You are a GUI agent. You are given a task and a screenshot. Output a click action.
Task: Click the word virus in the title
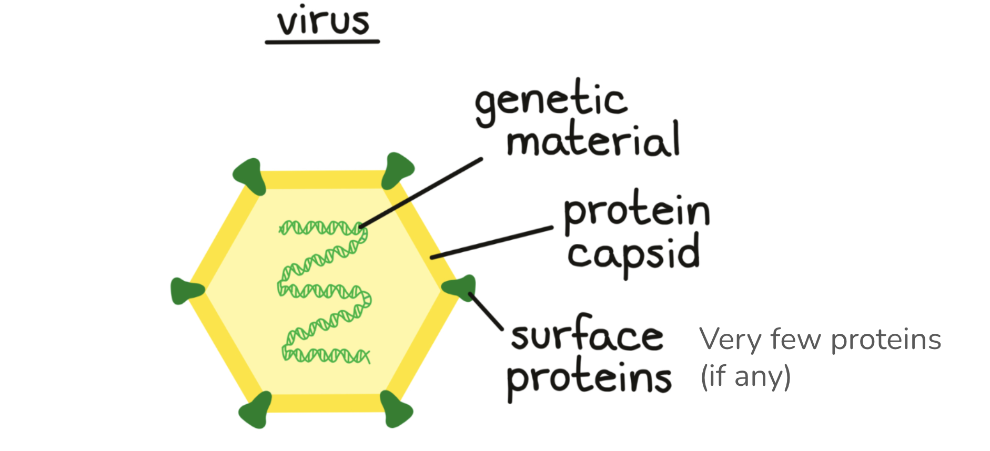(323, 22)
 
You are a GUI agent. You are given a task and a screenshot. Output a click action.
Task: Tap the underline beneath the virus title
(322, 42)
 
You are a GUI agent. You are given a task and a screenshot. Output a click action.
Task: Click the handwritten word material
(593, 140)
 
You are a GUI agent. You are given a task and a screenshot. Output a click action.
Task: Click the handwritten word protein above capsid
(637, 212)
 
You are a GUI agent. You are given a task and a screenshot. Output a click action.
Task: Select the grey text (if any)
(745, 376)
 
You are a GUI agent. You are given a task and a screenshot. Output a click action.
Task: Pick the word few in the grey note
(795, 340)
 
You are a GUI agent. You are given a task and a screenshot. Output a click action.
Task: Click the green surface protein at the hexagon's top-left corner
(248, 175)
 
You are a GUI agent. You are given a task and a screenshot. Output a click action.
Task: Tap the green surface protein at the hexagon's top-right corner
(397, 170)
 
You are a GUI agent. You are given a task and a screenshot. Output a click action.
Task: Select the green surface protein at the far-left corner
(185, 291)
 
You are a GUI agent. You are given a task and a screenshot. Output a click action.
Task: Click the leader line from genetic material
(421, 192)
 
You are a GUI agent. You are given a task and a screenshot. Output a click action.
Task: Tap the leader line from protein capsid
(492, 242)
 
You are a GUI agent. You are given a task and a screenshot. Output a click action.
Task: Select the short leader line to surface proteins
(486, 311)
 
